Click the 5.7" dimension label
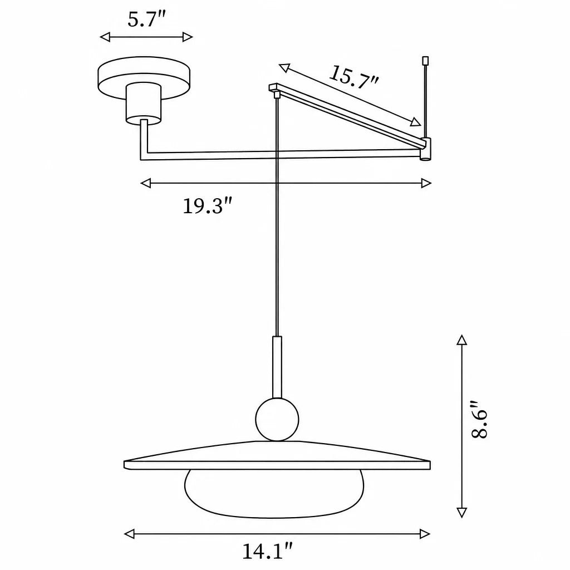point(146,19)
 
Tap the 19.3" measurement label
point(207,206)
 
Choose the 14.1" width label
point(268,551)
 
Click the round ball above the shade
point(277,419)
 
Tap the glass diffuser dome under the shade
point(274,494)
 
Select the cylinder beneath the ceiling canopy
point(143,104)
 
